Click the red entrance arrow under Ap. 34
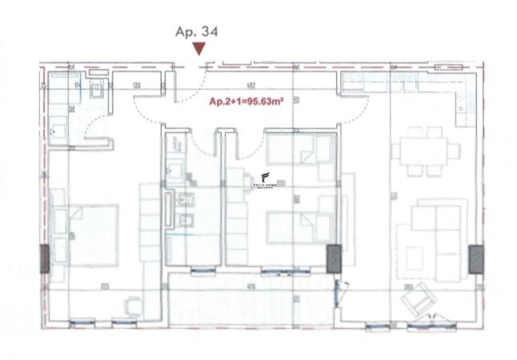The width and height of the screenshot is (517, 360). tap(199, 50)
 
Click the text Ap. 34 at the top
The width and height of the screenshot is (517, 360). tap(196, 31)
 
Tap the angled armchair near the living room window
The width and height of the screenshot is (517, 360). tap(415, 300)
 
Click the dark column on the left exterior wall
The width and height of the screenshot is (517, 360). tap(43, 258)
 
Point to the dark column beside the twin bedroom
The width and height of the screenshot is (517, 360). tap(333, 258)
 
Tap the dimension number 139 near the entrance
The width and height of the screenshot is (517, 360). tap(138, 84)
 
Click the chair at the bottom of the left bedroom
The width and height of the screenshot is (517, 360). tap(134, 305)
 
